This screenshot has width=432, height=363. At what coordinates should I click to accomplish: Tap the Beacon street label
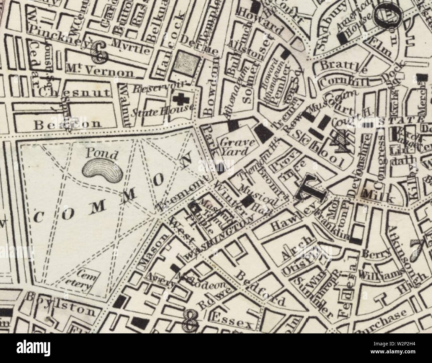(67, 124)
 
